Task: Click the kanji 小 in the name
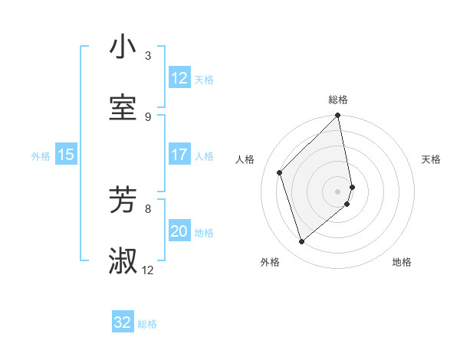pyautogui.click(x=123, y=47)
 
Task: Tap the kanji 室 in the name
pyautogui.click(x=123, y=108)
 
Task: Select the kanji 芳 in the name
pyautogui.click(x=123, y=200)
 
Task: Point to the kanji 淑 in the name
pyautogui.click(x=123, y=261)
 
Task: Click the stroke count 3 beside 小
pyautogui.click(x=148, y=55)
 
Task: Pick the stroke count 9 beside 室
pyautogui.click(x=148, y=116)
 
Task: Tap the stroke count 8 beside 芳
pyautogui.click(x=148, y=208)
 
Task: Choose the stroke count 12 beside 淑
pyautogui.click(x=148, y=270)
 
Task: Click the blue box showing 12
pyautogui.click(x=179, y=78)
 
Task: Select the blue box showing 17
pyautogui.click(x=179, y=155)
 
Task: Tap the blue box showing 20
pyautogui.click(x=179, y=231)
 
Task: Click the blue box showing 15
pyautogui.click(x=66, y=155)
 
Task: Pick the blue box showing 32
pyautogui.click(x=123, y=322)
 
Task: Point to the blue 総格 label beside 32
pyautogui.click(x=147, y=324)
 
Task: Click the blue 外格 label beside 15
pyautogui.click(x=41, y=156)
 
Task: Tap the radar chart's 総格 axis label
pyautogui.click(x=338, y=100)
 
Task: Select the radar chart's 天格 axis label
pyautogui.click(x=432, y=159)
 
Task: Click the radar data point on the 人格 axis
pyautogui.click(x=280, y=172)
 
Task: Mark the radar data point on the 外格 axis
pyautogui.click(x=301, y=241)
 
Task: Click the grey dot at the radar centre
pyautogui.click(x=338, y=191)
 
